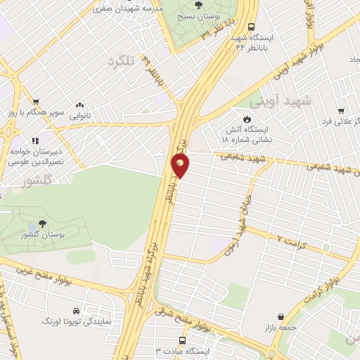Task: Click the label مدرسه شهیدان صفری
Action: coord(129,9)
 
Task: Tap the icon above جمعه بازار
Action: coord(281,317)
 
